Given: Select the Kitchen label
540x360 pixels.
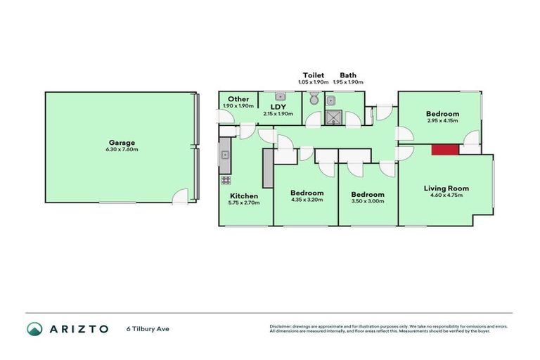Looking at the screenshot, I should (244, 195).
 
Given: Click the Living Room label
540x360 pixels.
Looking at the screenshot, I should (446, 188).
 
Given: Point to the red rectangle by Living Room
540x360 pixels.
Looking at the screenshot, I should (444, 149).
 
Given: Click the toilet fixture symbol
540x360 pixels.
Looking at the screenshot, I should (314, 100).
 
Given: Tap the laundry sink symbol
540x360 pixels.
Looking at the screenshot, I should (280, 96).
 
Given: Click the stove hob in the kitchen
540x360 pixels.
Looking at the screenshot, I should (226, 179).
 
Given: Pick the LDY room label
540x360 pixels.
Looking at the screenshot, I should (278, 107).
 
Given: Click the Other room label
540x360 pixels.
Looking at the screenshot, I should (238, 99).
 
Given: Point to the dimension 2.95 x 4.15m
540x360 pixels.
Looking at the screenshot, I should (442, 121).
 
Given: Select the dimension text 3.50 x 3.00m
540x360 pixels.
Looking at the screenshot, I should (368, 202).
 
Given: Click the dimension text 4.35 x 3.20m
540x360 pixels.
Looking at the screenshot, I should (307, 201).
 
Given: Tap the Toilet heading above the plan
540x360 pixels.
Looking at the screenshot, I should (313, 75).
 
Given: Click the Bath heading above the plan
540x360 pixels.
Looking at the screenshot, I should (348, 75).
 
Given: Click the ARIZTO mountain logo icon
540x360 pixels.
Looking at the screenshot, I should (34, 328).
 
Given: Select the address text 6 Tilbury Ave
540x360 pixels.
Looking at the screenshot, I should (148, 328).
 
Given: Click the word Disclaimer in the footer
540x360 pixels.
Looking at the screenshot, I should (281, 326).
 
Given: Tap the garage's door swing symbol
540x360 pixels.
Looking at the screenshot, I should (181, 196).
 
